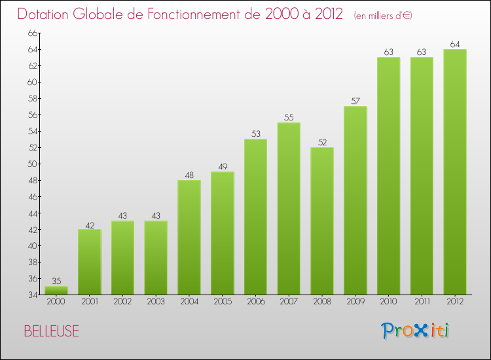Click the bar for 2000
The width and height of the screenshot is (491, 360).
click(x=56, y=291)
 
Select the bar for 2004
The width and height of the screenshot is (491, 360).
click(x=189, y=237)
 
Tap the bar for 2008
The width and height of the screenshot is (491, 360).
click(x=322, y=221)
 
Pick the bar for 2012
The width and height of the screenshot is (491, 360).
click(x=455, y=171)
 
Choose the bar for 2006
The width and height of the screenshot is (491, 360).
click(x=255, y=217)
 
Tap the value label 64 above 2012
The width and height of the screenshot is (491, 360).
click(x=455, y=45)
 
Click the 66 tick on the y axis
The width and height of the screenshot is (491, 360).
click(x=32, y=33)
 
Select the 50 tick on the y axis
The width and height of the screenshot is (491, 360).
click(x=32, y=164)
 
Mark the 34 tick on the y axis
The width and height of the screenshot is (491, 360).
click(x=32, y=295)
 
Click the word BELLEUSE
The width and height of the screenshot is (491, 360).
click(x=51, y=331)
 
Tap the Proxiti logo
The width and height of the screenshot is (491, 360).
click(x=416, y=331)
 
